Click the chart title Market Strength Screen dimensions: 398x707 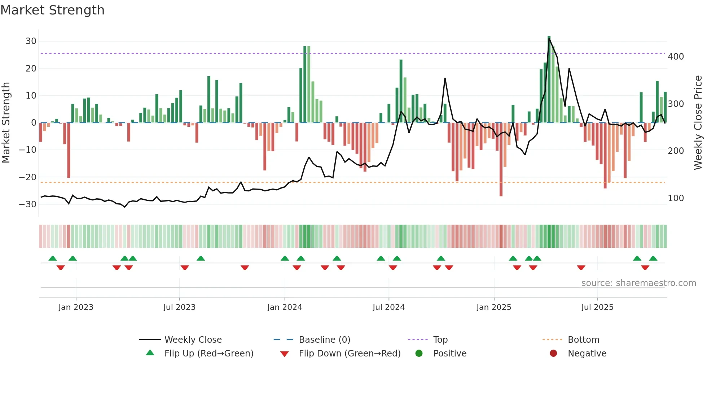coord(52,10)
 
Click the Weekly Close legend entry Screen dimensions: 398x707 coord(193,339)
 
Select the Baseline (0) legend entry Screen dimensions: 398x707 coord(324,339)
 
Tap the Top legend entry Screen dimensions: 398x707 coord(440,339)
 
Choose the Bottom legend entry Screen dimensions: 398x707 coord(583,339)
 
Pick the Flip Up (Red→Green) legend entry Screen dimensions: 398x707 coord(209,353)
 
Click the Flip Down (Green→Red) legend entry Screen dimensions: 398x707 coord(350,353)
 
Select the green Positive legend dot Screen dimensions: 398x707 coord(419,353)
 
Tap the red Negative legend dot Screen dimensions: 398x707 coord(553,353)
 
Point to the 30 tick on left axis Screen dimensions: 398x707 coord(31,41)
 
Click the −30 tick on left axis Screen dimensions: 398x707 coord(28,204)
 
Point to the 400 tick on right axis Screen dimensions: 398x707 coord(676,57)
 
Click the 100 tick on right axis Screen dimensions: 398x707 coord(676,198)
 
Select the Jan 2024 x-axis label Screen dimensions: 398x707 coord(285,307)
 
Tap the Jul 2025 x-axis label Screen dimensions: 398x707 coord(597,307)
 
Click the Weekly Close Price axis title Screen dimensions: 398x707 coord(698,123)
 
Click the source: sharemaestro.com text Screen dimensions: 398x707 coord(638,283)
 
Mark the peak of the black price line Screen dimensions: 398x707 coord(549,39)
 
